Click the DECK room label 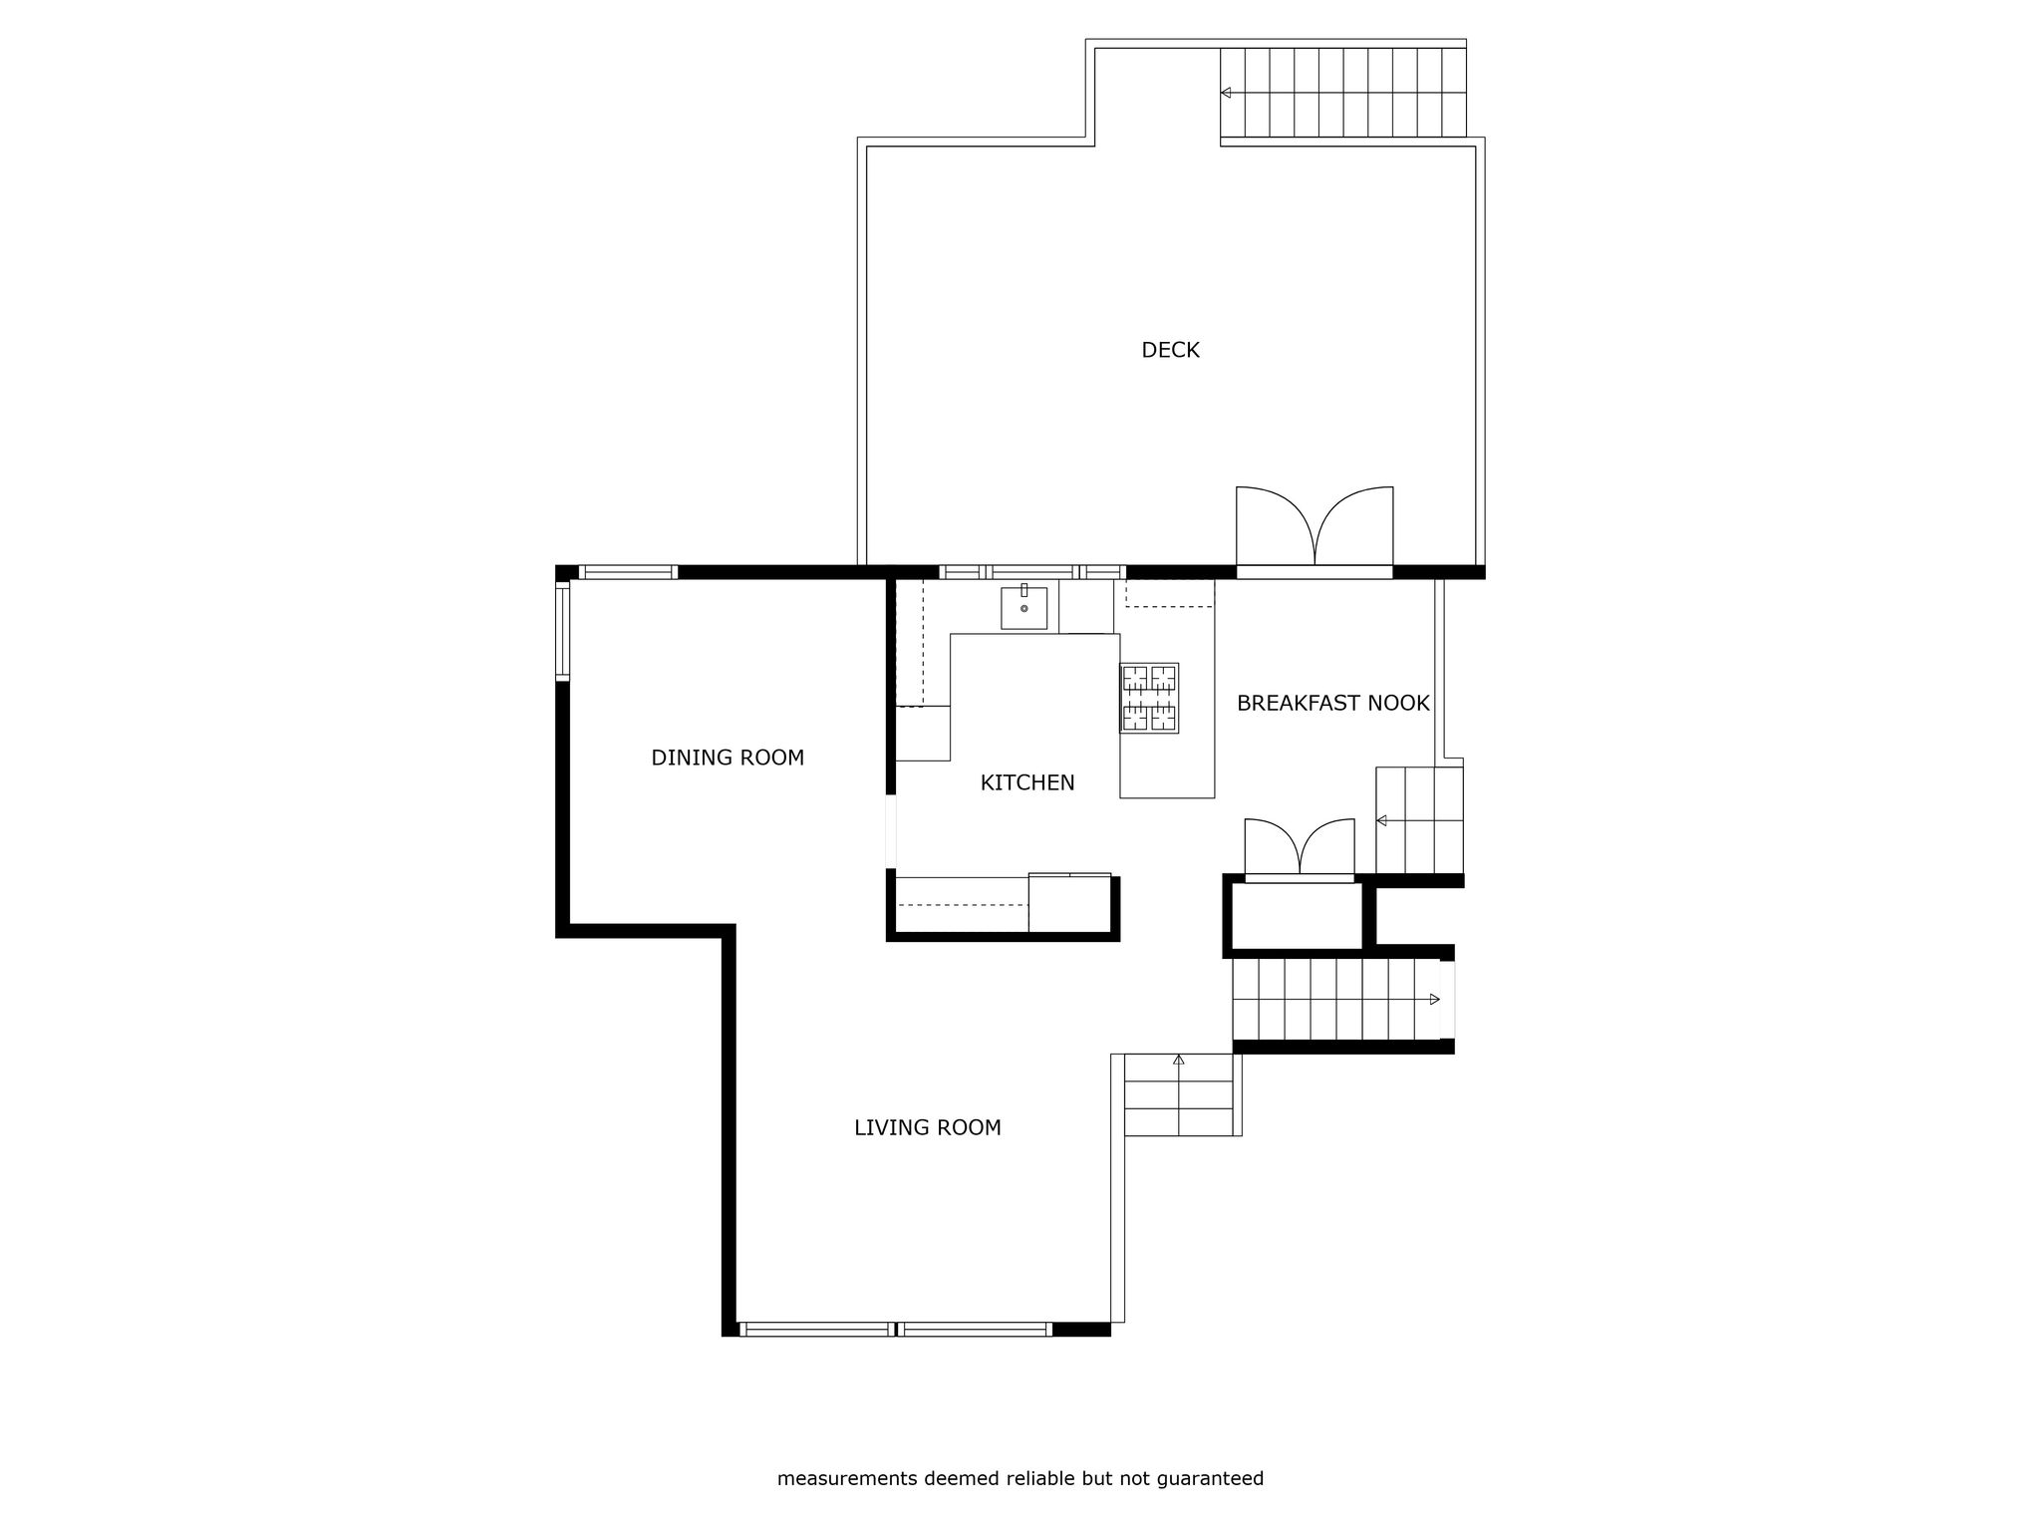pyautogui.click(x=1170, y=350)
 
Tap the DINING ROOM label pyautogui.click(x=728, y=758)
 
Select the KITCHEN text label pyautogui.click(x=1027, y=783)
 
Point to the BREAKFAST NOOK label pyautogui.click(x=1333, y=704)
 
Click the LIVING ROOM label pyautogui.click(x=928, y=1127)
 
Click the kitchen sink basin pyautogui.click(x=1024, y=608)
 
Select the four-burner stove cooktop pyautogui.click(x=1149, y=698)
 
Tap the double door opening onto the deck pyautogui.click(x=1314, y=528)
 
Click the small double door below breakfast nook pyautogui.click(x=1300, y=849)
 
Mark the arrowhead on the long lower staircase pyautogui.click(x=1435, y=999)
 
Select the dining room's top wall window pyautogui.click(x=628, y=572)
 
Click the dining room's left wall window pyautogui.click(x=562, y=632)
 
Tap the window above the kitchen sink pyautogui.click(x=1032, y=572)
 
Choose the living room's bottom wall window pyautogui.click(x=897, y=1329)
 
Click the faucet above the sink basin pyautogui.click(x=1024, y=590)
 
